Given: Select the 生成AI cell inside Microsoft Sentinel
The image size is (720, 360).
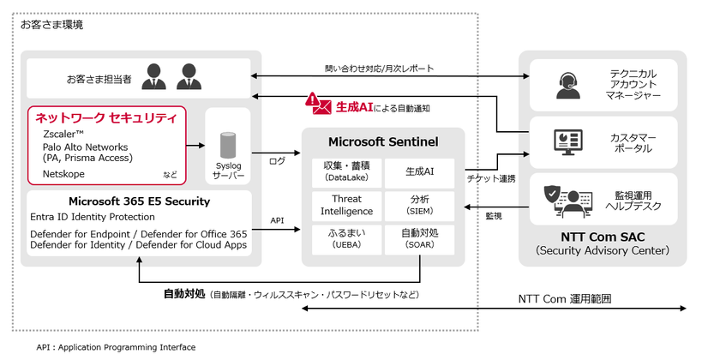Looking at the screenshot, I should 419,171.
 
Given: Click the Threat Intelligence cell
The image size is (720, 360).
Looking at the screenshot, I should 346,205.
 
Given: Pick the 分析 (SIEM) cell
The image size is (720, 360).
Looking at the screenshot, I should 419,205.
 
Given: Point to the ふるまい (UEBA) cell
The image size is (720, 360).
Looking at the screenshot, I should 346,238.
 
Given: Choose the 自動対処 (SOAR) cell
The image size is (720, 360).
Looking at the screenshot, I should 419,238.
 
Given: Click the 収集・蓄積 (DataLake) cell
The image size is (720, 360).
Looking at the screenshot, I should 346,171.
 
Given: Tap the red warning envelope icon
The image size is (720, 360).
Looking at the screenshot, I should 319,105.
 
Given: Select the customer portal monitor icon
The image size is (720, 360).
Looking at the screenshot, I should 568,141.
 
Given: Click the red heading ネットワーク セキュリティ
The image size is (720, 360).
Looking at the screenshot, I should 105,117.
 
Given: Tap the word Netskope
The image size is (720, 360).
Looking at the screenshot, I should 63,173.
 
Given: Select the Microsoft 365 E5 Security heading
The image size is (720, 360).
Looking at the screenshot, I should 120,201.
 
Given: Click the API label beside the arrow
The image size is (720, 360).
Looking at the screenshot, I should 277,220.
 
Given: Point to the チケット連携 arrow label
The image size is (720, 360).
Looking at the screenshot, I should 491,177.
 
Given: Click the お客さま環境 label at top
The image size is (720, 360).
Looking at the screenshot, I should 51,25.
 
